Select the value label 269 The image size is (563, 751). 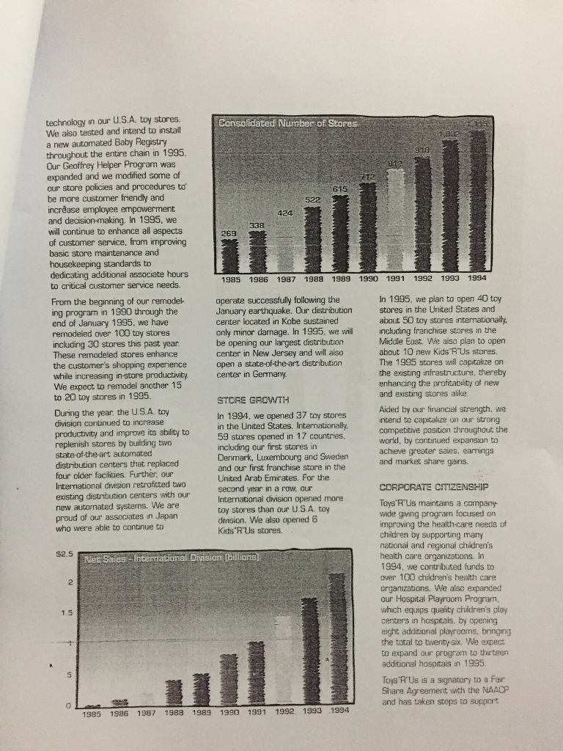[x=228, y=232]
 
